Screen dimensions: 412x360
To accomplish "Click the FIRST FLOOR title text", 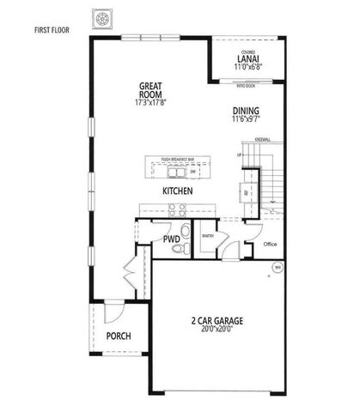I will click(51, 30).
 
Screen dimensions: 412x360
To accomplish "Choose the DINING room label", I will click(246, 110).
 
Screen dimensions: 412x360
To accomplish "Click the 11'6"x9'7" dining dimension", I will click(246, 119).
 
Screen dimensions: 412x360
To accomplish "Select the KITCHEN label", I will click(177, 191).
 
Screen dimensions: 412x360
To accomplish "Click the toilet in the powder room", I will click(178, 250).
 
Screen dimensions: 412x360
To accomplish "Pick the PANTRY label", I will click(207, 234).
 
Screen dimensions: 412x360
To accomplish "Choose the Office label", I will click(270, 245).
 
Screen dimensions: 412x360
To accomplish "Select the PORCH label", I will click(118, 336).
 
